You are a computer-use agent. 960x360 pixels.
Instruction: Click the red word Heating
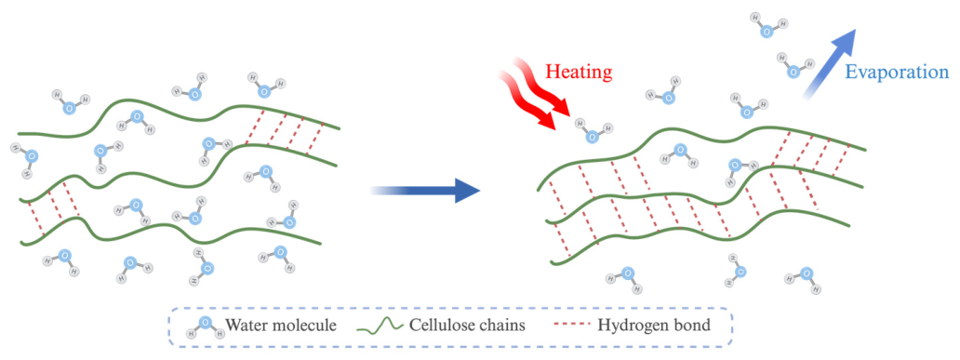[x=579, y=73]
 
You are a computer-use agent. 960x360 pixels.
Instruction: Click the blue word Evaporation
[x=897, y=73]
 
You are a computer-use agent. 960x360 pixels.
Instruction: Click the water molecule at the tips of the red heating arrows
[x=593, y=130]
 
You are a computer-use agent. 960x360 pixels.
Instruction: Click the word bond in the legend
[x=693, y=325]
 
